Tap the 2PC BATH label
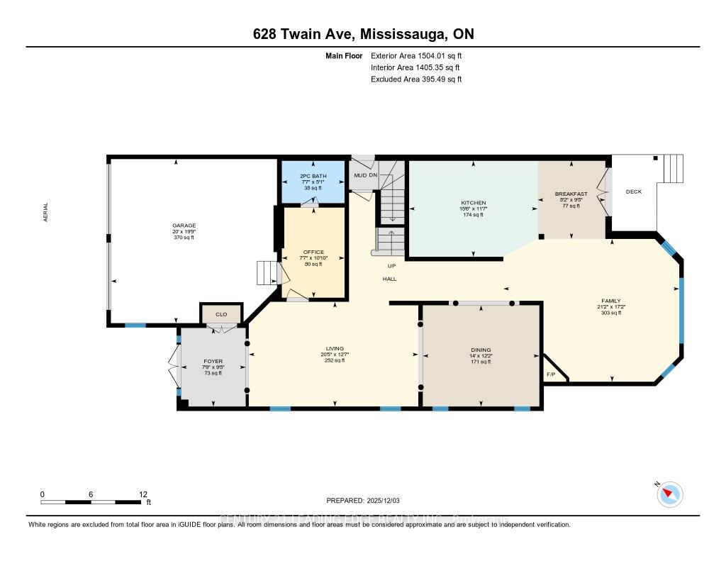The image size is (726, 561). click(312, 175)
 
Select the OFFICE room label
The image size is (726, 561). click(313, 252)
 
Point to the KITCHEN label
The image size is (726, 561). click(473, 203)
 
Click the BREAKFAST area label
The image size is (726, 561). click(571, 193)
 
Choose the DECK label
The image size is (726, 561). click(633, 191)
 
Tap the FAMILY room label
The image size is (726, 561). click(610, 301)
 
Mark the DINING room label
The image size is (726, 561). click(481, 350)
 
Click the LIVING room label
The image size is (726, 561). click(334, 348)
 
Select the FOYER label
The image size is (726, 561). click(213, 362)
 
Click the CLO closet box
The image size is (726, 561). click(221, 313)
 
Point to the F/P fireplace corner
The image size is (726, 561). click(551, 374)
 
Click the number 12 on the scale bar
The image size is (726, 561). click(143, 494)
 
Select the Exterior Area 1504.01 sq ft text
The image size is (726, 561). click(416, 55)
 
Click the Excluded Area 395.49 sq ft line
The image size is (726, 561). click(416, 79)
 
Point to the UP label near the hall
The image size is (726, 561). click(391, 265)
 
